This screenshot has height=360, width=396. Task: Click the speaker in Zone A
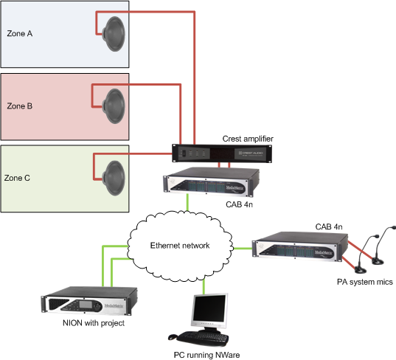[x=114, y=34]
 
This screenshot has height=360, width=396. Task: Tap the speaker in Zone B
[x=114, y=106]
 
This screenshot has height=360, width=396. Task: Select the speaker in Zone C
[x=114, y=178]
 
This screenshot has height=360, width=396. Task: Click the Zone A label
[x=20, y=33]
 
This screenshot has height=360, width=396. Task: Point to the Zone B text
[x=20, y=105]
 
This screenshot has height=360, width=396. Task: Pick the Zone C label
[x=17, y=178]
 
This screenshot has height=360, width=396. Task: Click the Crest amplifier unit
[x=222, y=153]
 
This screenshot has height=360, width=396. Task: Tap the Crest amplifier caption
[x=248, y=139]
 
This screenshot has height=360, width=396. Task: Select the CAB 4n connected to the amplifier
[x=212, y=182]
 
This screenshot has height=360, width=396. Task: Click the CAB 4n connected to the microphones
[x=300, y=247]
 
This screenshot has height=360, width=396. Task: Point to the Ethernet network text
[x=180, y=246]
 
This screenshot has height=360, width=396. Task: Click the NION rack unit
[x=89, y=301]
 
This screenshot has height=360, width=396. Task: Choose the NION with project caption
[x=94, y=323]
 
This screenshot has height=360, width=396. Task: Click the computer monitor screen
[x=209, y=308]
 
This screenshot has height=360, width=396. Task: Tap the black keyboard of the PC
[x=203, y=338]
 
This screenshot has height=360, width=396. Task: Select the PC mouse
[x=173, y=336]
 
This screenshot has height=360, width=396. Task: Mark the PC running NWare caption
[x=206, y=355]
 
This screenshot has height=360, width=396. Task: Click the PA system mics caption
[x=365, y=282]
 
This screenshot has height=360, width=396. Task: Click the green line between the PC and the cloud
[x=204, y=286]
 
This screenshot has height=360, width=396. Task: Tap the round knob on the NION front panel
[x=97, y=306]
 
